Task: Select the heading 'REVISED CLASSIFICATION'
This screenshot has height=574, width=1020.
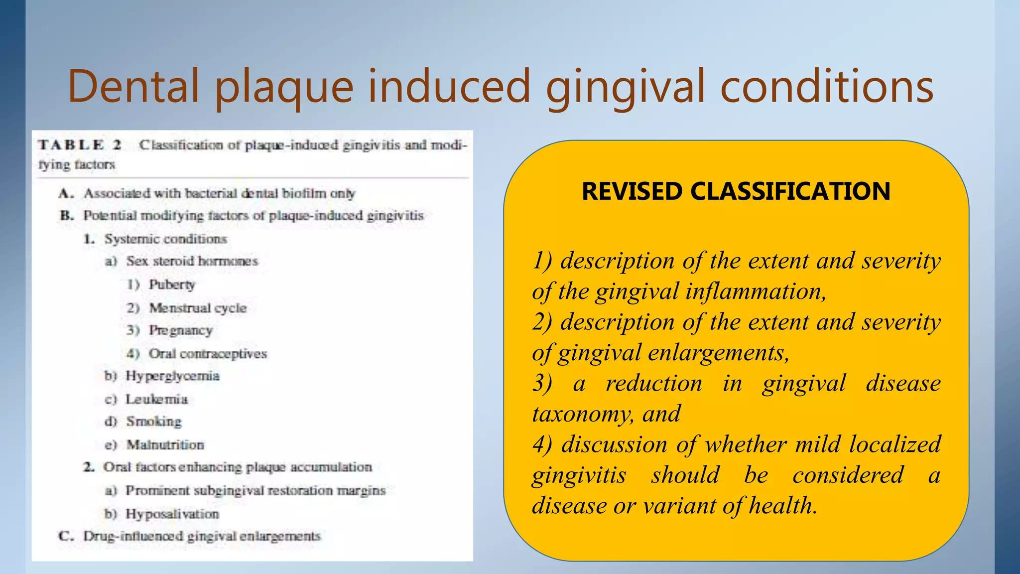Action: [736, 191]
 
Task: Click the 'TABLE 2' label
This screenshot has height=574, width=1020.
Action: [80, 145]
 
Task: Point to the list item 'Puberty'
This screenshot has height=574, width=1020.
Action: [172, 285]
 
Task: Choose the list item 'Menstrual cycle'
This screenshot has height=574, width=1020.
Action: [198, 308]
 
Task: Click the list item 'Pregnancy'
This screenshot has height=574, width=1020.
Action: [181, 330]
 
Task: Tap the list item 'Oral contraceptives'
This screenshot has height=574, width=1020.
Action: [208, 353]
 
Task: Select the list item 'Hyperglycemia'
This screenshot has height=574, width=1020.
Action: [172, 376]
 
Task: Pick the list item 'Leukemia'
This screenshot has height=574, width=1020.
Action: [156, 399]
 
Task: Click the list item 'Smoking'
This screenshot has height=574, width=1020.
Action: [154, 422]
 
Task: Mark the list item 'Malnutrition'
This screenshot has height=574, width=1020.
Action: [165, 444]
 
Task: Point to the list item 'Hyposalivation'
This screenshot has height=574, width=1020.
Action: [172, 514]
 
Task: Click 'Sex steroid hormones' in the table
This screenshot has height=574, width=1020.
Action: [192, 261]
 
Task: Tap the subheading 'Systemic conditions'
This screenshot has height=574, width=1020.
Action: [165, 239]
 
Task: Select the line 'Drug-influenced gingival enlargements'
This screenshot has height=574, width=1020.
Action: [202, 536]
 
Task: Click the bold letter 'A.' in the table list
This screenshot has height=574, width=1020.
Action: [66, 193]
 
